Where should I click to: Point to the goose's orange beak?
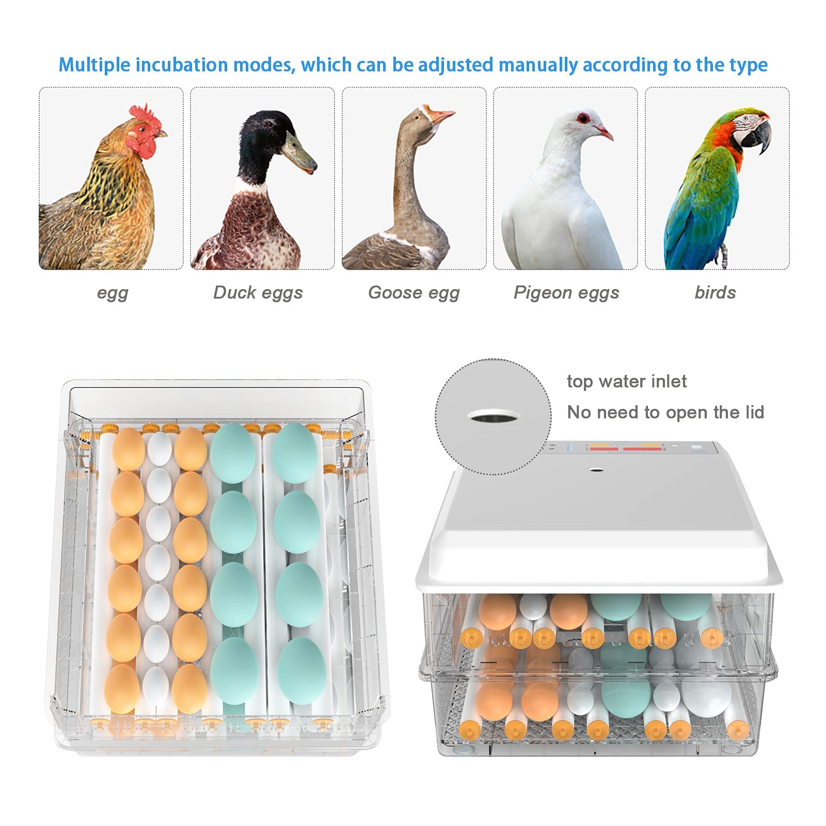[441, 116]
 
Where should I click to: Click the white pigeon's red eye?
[583, 118]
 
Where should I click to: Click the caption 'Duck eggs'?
[258, 293]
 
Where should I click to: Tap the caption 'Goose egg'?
[414, 293]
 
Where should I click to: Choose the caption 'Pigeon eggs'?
[566, 293]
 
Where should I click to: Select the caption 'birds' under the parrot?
[715, 292]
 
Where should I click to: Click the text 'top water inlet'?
[627, 381]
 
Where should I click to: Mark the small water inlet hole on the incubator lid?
[597, 470]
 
